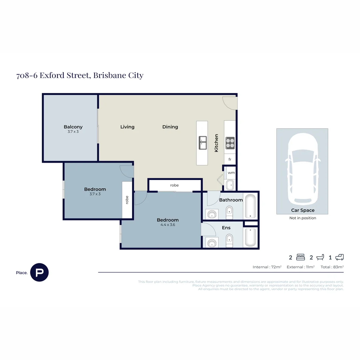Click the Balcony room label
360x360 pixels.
click(73, 127)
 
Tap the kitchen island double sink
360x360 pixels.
click(203, 143)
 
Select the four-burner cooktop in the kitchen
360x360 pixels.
click(230, 143)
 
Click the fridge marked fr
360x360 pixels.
click(230, 160)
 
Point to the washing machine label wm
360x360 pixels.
click(231, 173)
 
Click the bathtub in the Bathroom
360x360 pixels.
click(250, 206)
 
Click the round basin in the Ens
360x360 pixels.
click(212, 243)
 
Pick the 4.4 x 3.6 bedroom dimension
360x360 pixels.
click(168, 225)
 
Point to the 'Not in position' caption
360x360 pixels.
click(303, 218)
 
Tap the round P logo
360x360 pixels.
click(39, 272)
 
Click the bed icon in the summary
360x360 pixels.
click(300, 257)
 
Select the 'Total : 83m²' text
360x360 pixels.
click(332, 267)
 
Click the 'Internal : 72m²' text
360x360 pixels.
click(267, 267)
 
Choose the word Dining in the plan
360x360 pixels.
click(170, 127)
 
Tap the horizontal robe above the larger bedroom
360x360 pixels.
click(174, 185)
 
